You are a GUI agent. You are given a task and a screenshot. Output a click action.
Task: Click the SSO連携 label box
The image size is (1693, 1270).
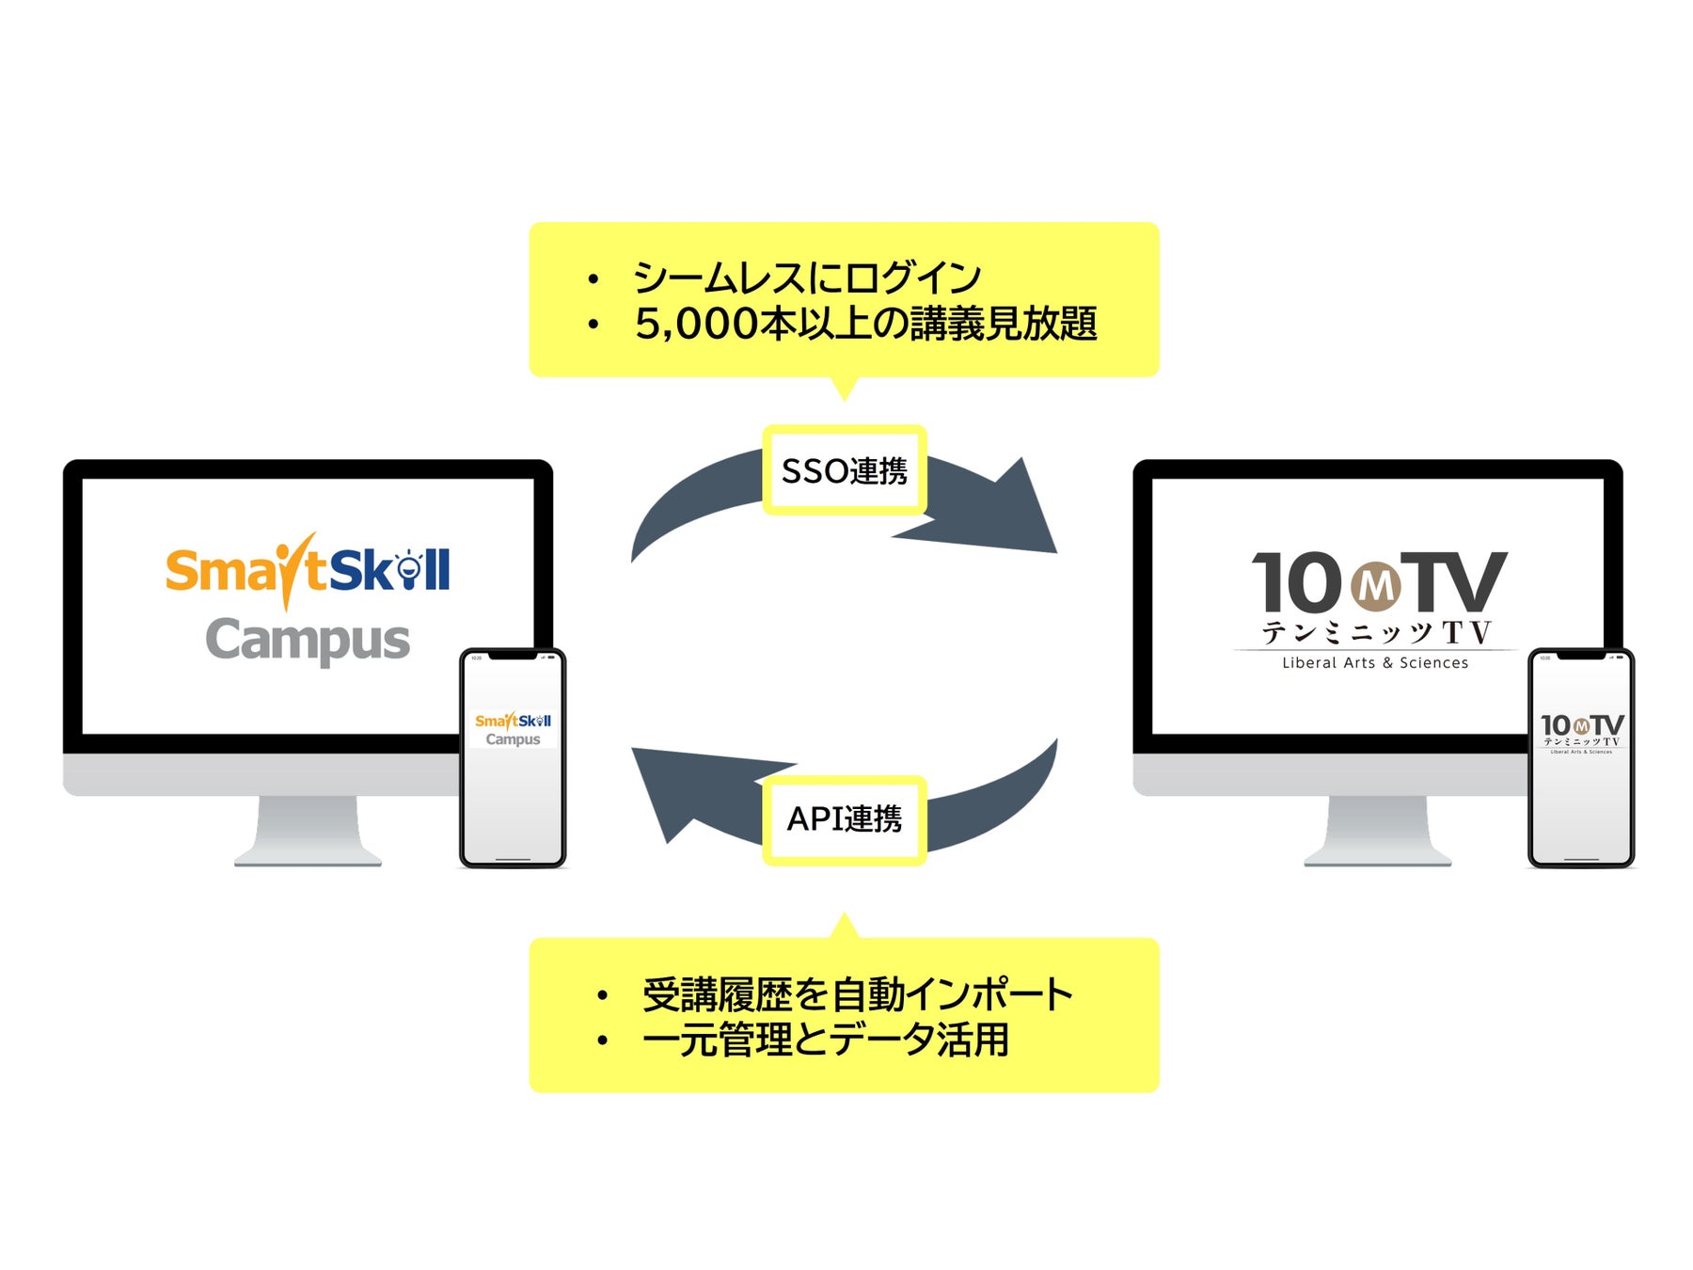click(844, 470)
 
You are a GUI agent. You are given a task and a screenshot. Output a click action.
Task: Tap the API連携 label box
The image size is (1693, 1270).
click(844, 819)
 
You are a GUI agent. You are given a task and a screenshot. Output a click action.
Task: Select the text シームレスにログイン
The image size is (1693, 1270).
click(807, 278)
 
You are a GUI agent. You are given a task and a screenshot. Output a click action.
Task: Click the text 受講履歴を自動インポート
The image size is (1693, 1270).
click(857, 995)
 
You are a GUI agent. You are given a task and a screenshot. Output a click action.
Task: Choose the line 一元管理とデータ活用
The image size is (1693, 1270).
click(825, 1040)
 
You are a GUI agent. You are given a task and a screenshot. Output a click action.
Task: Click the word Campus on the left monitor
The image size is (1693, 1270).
click(308, 642)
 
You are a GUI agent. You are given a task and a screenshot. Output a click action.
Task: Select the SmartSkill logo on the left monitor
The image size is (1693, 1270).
click(308, 570)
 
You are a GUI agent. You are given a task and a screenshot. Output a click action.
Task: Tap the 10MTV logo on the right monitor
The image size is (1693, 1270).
click(1378, 583)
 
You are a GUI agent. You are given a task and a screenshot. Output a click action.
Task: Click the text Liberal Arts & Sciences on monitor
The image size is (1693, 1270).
click(1375, 663)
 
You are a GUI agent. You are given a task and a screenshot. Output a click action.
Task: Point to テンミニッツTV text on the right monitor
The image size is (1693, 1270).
click(1376, 632)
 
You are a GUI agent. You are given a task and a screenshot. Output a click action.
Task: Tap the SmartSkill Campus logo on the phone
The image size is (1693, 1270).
click(513, 729)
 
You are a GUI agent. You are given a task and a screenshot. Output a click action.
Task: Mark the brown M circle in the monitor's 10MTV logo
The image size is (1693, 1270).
click(1376, 586)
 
